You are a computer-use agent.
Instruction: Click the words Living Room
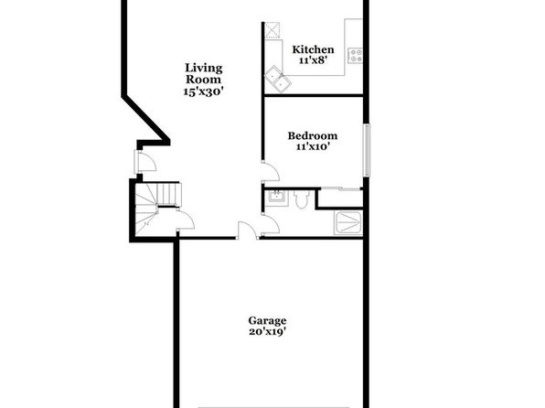203,73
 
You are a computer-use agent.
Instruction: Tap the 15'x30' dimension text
203,91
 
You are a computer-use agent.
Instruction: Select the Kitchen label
313,49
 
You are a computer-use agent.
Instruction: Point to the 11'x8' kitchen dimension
313,60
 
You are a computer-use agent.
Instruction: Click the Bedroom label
313,135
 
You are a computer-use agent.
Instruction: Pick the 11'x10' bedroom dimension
313,146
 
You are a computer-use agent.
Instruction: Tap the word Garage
267,321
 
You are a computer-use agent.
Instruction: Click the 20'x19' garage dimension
267,331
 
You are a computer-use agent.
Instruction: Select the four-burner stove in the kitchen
355,56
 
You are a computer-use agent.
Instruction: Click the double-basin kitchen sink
279,79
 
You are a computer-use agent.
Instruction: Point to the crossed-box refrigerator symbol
272,30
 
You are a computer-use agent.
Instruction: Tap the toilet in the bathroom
301,199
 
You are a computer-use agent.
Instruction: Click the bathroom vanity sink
277,198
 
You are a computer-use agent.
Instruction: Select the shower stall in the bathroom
348,222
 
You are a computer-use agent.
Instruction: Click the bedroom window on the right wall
367,150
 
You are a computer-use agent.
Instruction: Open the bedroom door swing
271,171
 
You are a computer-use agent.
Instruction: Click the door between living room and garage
247,231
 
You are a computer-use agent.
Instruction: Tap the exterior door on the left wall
145,161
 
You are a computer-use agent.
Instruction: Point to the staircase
157,209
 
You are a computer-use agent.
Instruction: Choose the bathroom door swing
271,224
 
